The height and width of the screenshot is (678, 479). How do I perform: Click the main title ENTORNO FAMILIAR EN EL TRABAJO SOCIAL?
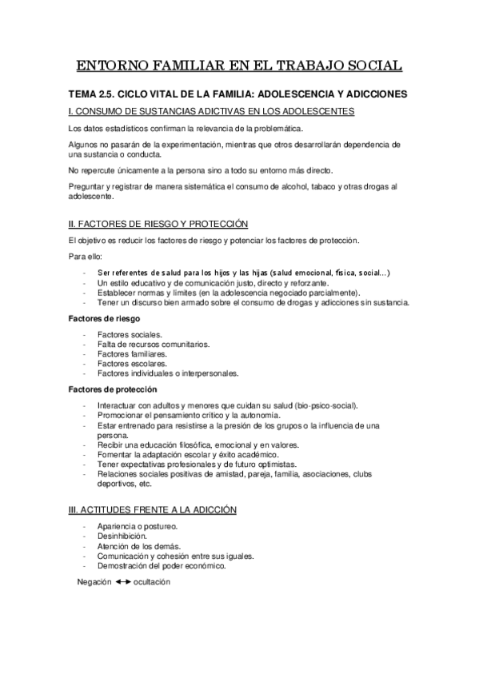pos(240,66)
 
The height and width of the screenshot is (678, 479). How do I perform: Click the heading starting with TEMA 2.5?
pos(238,94)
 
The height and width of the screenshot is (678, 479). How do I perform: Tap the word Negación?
pos(95,582)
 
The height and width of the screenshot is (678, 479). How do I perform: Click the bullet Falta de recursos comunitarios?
pos(153,344)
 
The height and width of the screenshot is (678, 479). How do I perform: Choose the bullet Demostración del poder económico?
pos(161,564)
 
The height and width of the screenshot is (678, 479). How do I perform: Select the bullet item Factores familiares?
pos(132,353)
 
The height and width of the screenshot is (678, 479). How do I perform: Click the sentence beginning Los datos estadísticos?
pos(186,129)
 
